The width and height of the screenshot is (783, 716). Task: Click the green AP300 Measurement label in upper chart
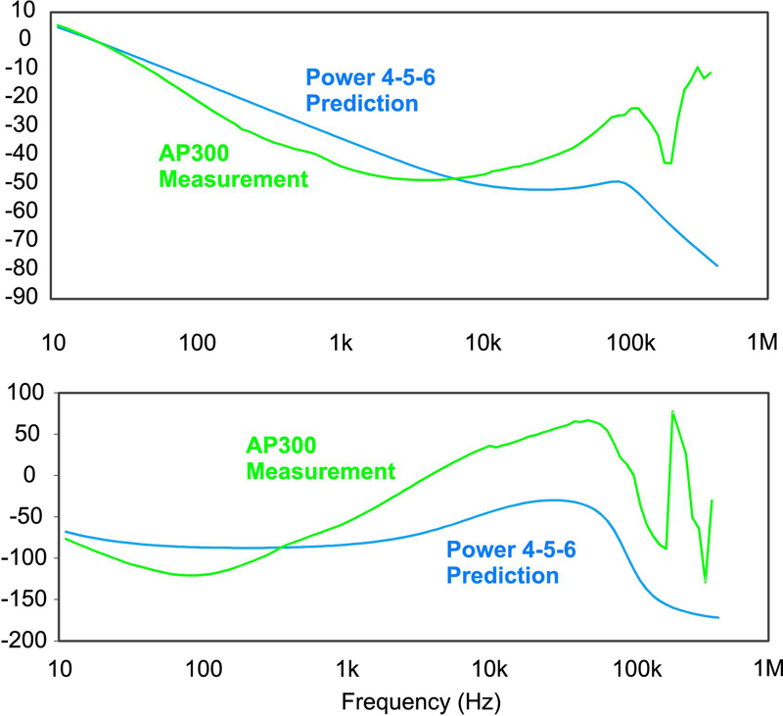click(233, 167)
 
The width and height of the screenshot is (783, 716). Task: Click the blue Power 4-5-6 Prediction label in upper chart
click(362, 89)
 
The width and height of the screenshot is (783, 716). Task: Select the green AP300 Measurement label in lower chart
click(320, 457)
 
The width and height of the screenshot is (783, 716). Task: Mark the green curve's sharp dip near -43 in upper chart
click(668, 163)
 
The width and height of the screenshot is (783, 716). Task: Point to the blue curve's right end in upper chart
click(718, 265)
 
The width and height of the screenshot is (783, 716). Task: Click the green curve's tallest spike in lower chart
click(672, 411)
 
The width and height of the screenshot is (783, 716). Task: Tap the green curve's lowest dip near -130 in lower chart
click(705, 582)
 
